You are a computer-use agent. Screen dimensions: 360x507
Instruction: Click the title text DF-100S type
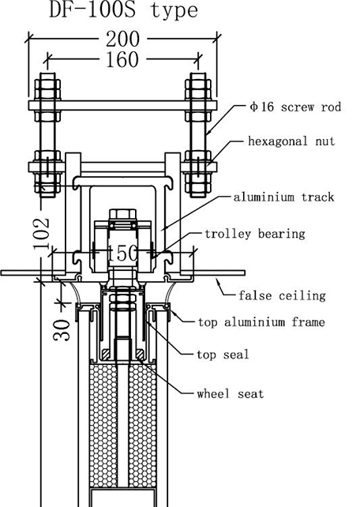[123, 10]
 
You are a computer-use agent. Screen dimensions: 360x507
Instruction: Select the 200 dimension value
[123, 39]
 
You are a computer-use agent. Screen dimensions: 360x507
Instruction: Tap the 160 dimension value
[122, 59]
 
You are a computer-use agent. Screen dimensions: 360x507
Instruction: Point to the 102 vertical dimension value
[42, 233]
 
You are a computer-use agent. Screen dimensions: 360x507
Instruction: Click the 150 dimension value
[122, 253]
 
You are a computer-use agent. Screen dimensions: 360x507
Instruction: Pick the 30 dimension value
[62, 330]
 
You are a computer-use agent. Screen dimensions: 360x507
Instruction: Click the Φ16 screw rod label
[296, 107]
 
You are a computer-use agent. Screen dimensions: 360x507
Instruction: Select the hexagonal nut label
[291, 141]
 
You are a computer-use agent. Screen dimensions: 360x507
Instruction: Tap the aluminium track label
[283, 197]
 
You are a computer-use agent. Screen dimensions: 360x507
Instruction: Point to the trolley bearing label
[255, 234]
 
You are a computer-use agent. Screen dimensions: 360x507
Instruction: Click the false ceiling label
[282, 295]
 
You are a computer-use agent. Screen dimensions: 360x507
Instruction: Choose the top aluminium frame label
[261, 322]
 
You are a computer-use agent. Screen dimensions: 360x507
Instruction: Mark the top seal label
[223, 355]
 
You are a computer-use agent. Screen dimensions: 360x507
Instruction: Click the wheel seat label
[231, 394]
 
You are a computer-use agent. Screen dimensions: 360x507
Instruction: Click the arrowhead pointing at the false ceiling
[219, 282]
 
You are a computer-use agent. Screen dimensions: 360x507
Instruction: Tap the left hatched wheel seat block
[106, 355]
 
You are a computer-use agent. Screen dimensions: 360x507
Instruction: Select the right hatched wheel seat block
[140, 355]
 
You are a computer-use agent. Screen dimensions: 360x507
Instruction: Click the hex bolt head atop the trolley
[123, 215]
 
